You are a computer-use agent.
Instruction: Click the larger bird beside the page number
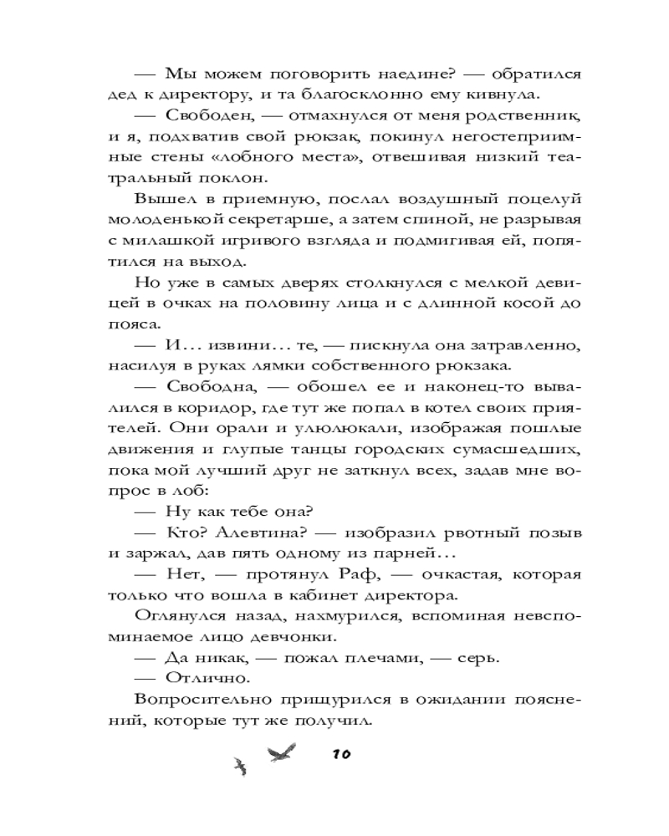click(x=279, y=750)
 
